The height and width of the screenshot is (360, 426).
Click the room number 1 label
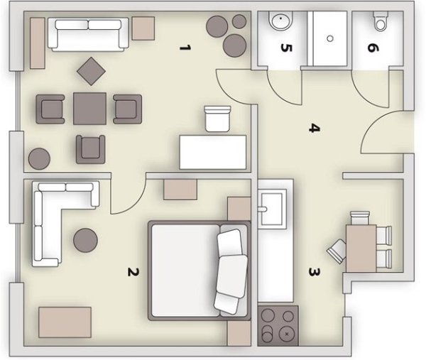tap(185, 48)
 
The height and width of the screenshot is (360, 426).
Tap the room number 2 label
tap(133, 272)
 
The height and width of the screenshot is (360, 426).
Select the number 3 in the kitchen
tap(315, 272)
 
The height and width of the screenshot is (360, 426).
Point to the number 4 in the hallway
tap(315, 128)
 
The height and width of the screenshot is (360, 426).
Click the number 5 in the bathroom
tap(286, 48)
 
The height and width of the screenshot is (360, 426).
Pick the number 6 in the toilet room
tap(373, 48)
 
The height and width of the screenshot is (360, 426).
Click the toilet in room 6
tap(381, 21)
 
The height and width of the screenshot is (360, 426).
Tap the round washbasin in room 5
tap(281, 21)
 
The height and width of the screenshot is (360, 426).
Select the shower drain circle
tap(330, 38)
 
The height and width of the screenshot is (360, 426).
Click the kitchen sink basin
tap(271, 209)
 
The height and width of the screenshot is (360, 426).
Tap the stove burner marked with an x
tap(287, 334)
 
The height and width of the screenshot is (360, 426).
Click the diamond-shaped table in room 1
tap(92, 71)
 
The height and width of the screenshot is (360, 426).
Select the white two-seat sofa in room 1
tap(88, 35)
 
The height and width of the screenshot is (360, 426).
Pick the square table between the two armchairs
tap(89, 109)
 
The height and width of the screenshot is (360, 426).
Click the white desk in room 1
tap(213, 152)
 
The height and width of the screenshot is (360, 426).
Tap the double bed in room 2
tap(199, 271)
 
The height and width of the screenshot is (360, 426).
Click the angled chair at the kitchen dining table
tap(337, 251)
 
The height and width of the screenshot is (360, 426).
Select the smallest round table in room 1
tap(239, 21)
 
